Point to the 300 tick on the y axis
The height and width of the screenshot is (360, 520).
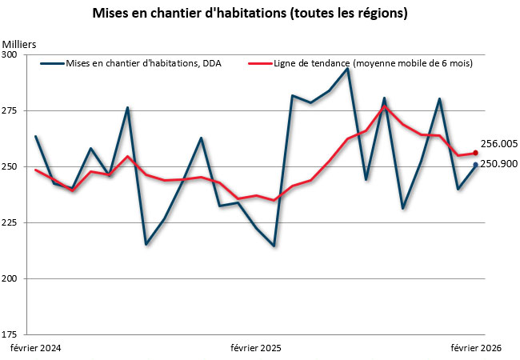[10, 54]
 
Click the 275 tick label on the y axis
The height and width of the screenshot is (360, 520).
[10, 110]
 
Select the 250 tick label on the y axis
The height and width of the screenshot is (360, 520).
[10, 166]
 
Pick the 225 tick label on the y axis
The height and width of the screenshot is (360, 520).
[10, 222]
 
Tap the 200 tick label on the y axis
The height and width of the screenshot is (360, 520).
[10, 278]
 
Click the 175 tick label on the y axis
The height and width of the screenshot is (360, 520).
[10, 334]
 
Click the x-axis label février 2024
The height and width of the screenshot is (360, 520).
[35, 348]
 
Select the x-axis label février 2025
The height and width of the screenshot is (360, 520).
[256, 348]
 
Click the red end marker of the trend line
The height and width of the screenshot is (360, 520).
[476, 153]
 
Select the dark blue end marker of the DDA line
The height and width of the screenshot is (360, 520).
[476, 165]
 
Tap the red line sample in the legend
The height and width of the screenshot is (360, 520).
[258, 63]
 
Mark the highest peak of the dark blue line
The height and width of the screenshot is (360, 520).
[347, 69]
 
